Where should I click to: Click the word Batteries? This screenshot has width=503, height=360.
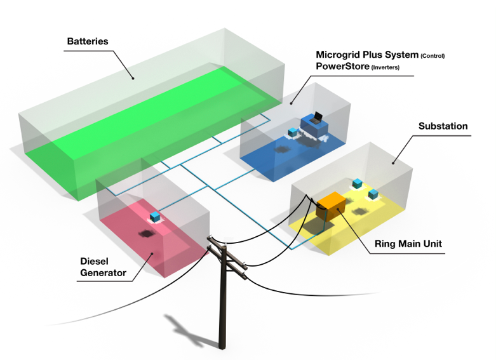(x=88, y=41)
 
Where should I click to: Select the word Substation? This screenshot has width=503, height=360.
(x=443, y=126)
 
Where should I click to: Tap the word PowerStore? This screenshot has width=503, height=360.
(x=342, y=67)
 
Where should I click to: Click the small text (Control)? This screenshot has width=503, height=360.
(x=433, y=56)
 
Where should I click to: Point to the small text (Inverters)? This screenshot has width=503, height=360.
(x=386, y=68)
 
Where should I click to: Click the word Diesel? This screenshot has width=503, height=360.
(x=94, y=261)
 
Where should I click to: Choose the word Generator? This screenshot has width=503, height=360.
(x=103, y=273)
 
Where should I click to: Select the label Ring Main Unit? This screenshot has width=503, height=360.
(x=408, y=244)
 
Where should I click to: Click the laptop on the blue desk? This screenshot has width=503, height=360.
(x=316, y=117)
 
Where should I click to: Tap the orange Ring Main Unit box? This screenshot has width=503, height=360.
(x=331, y=206)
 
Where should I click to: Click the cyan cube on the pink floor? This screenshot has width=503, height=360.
(x=155, y=217)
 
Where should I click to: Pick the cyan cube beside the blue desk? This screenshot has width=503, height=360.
(x=293, y=133)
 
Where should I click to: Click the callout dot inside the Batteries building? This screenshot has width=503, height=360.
(x=133, y=78)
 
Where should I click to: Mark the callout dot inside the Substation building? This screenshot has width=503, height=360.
(x=393, y=163)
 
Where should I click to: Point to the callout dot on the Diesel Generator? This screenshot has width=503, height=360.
(x=152, y=254)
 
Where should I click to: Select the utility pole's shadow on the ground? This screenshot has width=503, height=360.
(x=186, y=330)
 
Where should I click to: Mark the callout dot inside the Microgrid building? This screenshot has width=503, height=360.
(x=291, y=103)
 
